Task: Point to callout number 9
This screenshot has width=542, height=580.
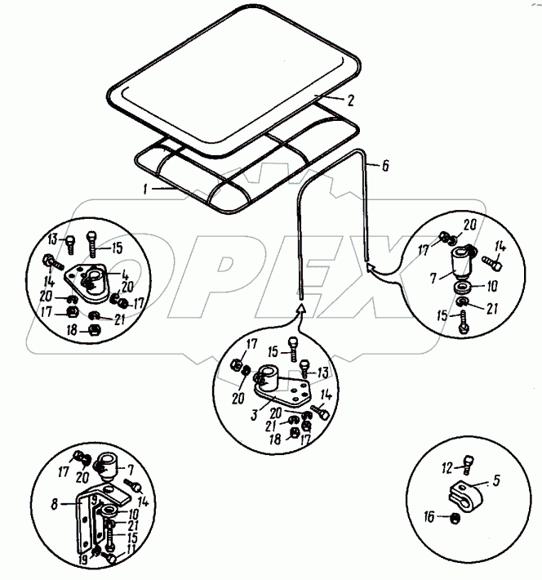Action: point(96,500)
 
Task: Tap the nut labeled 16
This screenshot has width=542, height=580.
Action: point(455,517)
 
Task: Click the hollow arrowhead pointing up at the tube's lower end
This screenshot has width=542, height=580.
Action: point(300,309)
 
